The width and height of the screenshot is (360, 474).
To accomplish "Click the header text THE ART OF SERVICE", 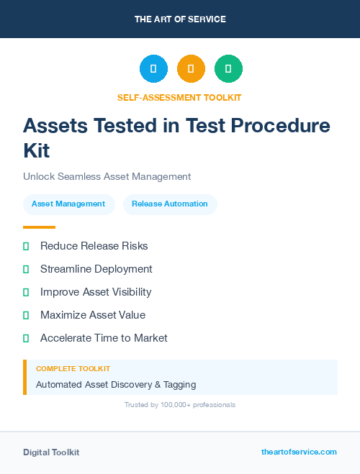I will point(180,19).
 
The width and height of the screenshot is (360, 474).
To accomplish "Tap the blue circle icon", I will point(153,68).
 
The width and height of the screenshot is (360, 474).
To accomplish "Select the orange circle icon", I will point(191,68).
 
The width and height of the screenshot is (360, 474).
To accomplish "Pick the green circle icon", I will point(228,68).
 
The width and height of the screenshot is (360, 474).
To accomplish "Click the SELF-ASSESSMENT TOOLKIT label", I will point(179,97).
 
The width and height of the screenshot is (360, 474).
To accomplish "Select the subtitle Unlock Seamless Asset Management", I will point(107,176).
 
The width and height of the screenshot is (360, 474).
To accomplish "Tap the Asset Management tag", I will point(68,204).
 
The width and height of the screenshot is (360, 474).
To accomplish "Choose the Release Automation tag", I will point(170,204).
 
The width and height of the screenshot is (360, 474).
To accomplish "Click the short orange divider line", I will point(39,227).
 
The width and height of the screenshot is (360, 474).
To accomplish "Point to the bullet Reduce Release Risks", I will point(94,246).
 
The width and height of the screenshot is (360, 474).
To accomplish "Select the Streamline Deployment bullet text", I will point(96,269).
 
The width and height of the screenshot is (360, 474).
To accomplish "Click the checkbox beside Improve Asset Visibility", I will point(26,292).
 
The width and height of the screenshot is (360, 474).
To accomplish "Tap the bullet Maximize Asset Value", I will point(92,315).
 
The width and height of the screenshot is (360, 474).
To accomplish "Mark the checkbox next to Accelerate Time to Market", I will point(26,338).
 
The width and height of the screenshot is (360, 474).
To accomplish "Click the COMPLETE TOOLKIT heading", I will point(73,368).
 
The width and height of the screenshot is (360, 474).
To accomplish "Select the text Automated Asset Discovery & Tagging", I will point(115,385).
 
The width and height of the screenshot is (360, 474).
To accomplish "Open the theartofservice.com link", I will point(299,452).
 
